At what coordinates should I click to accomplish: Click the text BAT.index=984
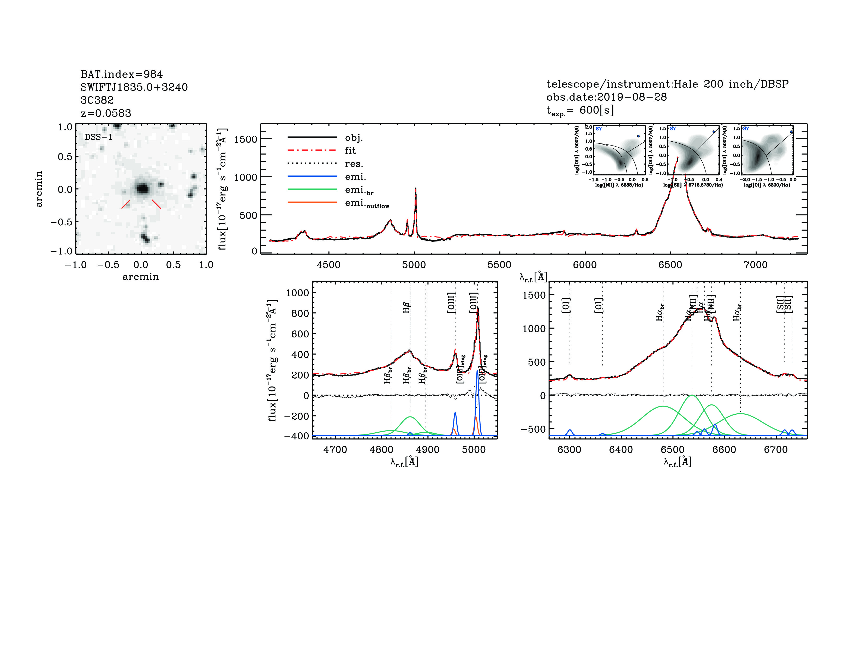coord(121,74)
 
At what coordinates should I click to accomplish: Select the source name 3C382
coord(97,100)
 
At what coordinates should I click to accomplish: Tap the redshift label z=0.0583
coord(106,113)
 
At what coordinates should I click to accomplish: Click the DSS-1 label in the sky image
coord(99,137)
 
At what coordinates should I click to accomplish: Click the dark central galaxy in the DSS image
coord(142,189)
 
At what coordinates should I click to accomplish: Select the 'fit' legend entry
coord(350,150)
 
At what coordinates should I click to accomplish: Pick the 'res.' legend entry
coord(354,164)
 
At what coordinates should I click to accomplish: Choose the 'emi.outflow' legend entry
coord(367,203)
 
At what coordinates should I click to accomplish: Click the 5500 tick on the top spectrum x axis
coord(499,265)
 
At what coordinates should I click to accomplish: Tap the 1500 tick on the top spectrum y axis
coord(245,139)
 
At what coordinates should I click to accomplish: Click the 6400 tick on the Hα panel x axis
coord(621,450)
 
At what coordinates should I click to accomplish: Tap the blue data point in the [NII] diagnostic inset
coord(638,136)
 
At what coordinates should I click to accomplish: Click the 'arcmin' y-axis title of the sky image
coord(39,189)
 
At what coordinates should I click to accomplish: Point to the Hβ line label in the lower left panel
coord(406,307)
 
